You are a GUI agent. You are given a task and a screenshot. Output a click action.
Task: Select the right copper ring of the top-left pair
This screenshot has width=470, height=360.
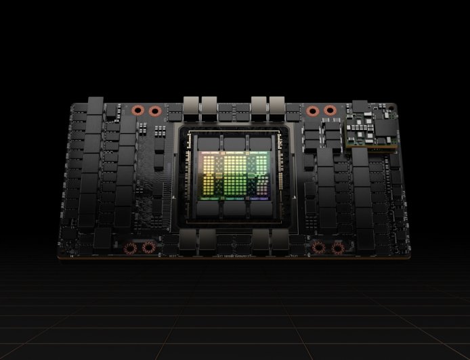tap(155, 110)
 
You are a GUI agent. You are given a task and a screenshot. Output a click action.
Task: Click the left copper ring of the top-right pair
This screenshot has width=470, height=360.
tap(312, 110)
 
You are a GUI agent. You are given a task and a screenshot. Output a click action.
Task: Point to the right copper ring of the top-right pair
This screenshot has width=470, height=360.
tap(330, 110)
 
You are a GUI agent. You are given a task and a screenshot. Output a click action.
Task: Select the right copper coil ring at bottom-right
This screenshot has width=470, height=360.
tap(337, 248)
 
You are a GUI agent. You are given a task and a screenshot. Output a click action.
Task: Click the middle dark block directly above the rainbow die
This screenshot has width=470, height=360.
tap(235, 143)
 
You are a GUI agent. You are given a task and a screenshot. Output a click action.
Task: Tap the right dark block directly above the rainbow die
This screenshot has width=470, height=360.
tap(261, 143)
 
